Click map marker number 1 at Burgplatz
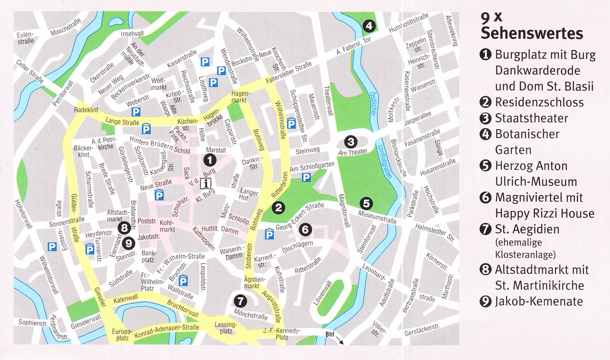click(210, 160)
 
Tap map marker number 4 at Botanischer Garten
click(369, 26)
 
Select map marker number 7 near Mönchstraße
click(240, 301)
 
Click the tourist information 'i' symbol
click(206, 183)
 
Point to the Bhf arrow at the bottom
click(340, 341)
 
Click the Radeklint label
click(86, 110)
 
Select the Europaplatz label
click(122, 335)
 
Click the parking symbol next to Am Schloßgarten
click(306, 178)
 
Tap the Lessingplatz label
click(226, 328)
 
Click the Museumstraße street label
click(377, 217)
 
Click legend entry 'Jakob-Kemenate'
click(539, 301)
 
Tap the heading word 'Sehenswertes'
click(532, 33)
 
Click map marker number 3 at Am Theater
click(351, 142)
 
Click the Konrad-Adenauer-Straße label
click(167, 331)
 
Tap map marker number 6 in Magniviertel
click(305, 229)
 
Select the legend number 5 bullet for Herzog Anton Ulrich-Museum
click(485, 166)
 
